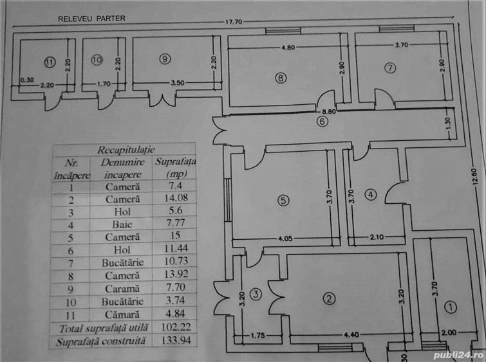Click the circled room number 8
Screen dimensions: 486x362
point(281,78)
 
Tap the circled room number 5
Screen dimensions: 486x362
point(283,200)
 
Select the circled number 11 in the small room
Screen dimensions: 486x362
point(50,62)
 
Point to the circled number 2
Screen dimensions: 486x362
point(329,298)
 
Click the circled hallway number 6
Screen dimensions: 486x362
point(322,122)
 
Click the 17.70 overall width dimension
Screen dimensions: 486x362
point(234,22)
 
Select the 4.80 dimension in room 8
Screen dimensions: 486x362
point(288,48)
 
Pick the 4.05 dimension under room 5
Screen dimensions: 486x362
point(285,239)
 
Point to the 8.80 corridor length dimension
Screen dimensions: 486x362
point(329,111)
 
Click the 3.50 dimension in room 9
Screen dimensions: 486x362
point(178,83)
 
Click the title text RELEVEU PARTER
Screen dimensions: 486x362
point(92,19)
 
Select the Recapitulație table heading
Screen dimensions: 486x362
point(126,150)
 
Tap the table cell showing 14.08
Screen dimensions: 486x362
point(176,198)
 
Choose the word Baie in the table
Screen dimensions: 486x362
point(122,224)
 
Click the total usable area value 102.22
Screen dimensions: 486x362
point(176,327)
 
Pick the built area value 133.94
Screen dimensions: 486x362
point(176,340)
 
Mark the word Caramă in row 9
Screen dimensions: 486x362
point(122,289)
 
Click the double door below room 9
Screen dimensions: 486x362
point(162,99)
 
